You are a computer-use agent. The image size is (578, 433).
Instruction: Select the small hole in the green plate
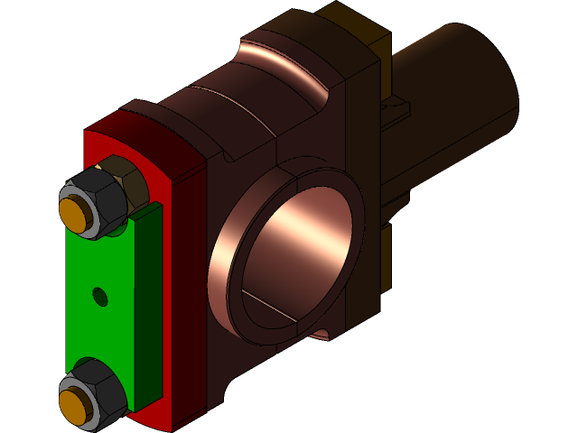click(x=100, y=295)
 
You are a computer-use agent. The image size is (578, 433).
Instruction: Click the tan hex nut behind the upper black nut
click(x=126, y=176)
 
